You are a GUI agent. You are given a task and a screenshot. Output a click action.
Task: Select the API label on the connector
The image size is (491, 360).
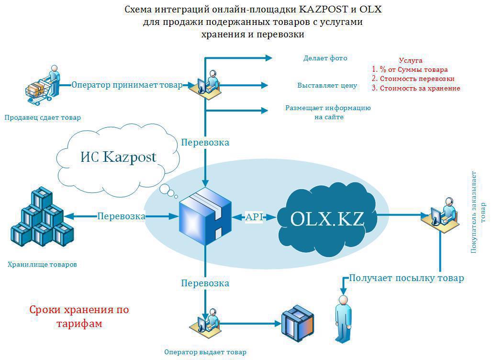click(x=254, y=217)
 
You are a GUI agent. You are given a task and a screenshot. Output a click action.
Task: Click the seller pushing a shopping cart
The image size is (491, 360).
click(x=43, y=86)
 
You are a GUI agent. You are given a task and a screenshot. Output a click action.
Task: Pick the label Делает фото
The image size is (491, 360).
click(x=325, y=58)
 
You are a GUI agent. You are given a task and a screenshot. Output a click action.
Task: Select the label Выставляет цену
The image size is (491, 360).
click(x=327, y=85)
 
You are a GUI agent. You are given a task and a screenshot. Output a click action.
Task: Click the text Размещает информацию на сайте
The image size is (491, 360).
click(x=328, y=112)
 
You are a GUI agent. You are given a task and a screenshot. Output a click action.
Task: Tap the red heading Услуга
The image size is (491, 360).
click(x=411, y=60)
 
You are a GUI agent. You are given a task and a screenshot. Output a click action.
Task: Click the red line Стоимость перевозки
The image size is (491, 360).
click(x=417, y=79)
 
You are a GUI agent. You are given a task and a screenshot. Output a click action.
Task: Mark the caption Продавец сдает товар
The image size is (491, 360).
click(x=43, y=117)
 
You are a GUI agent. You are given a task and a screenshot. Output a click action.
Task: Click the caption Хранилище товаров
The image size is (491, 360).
click(x=42, y=264)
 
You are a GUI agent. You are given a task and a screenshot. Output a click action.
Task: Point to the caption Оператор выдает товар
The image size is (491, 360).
click(x=205, y=352)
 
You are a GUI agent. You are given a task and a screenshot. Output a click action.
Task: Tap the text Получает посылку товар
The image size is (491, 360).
click(x=406, y=278)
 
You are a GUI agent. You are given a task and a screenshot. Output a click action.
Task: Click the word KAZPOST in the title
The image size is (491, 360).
click(x=324, y=9)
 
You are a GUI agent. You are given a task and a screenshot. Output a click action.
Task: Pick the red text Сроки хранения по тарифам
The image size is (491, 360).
click(x=79, y=316)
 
